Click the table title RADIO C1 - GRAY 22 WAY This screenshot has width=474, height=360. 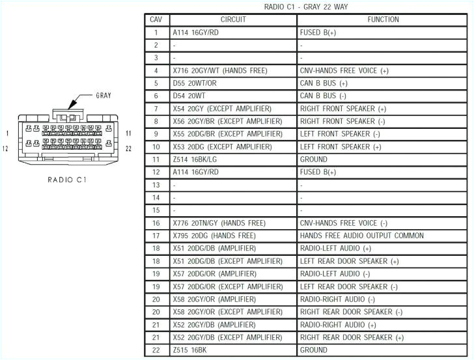pyautogui.click(x=305, y=7)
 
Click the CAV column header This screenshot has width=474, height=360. pyautogui.click(x=156, y=20)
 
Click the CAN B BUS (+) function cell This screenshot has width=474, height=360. pyautogui.click(x=324, y=83)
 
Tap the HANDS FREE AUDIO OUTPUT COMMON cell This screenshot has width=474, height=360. pyautogui.click(x=361, y=236)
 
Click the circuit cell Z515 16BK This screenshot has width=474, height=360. pyautogui.click(x=189, y=350)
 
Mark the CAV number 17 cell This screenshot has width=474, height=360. pyautogui.click(x=156, y=236)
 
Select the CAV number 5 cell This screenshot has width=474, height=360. pyautogui.click(x=156, y=83)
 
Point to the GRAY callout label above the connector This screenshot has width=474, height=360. pyautogui.click(x=103, y=95)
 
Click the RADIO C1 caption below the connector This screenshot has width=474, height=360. pyautogui.click(x=68, y=179)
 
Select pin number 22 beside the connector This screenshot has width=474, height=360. pyautogui.click(x=128, y=148)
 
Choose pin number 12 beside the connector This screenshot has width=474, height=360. pyautogui.click(x=5, y=148)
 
